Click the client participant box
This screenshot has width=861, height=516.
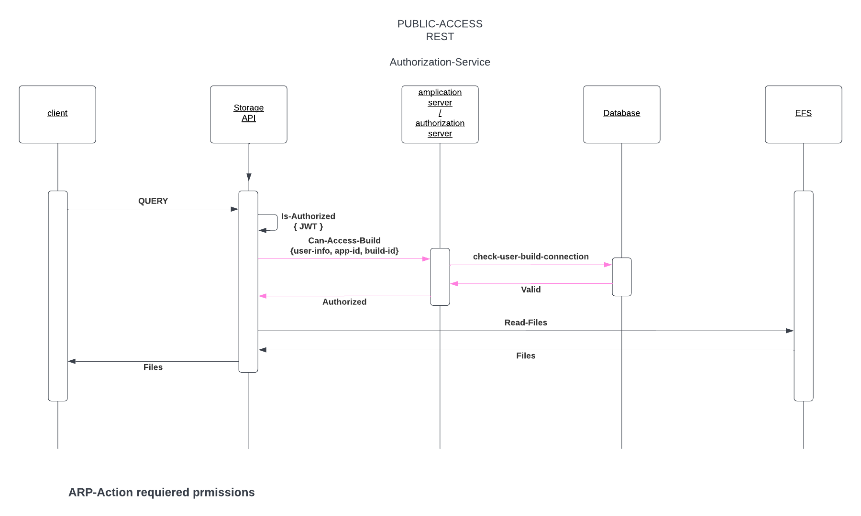57,114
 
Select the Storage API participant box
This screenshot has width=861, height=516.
249,114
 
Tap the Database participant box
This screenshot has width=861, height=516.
621,114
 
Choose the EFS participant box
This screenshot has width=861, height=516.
803,114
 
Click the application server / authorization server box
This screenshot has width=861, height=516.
440,114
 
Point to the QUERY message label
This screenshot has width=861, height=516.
153,201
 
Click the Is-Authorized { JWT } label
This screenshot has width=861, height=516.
308,222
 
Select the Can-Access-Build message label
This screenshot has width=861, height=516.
344,246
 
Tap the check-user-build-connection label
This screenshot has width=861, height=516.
530,257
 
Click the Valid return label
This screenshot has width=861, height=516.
530,290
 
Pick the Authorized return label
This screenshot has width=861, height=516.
344,302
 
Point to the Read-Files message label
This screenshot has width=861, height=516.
526,322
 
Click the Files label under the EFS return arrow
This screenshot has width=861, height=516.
526,355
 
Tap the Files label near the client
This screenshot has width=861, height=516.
153,367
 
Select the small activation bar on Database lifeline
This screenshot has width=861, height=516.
621,277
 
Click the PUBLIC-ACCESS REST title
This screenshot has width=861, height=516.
440,30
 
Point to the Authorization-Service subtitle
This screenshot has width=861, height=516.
440,62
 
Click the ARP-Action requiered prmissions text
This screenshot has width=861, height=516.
162,493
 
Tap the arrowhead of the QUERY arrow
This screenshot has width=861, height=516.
235,209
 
